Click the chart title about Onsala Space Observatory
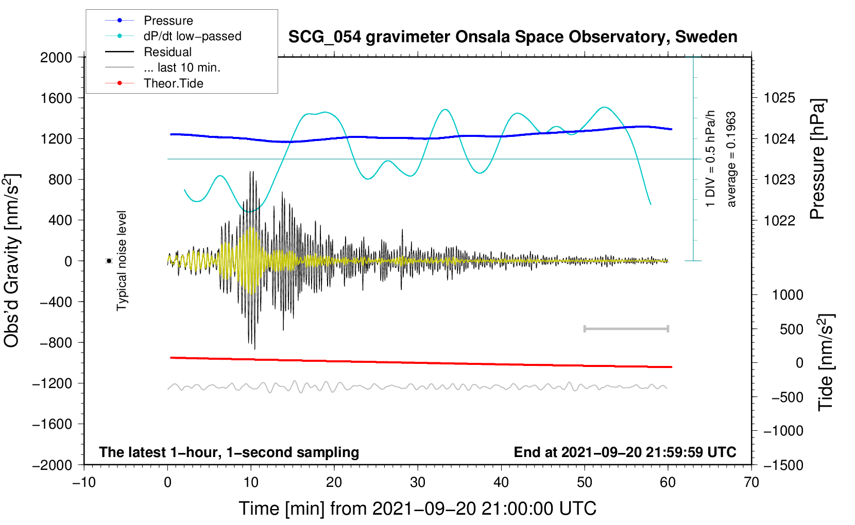(x=512, y=37)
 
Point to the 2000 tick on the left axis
(x=56, y=58)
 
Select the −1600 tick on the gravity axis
(x=53, y=424)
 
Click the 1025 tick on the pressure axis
(x=779, y=98)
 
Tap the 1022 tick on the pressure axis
(x=779, y=220)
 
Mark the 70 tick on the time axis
(x=751, y=482)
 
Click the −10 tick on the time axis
(x=84, y=482)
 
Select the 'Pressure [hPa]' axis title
(x=817, y=159)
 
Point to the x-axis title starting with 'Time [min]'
(x=418, y=509)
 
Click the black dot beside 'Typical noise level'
(x=109, y=261)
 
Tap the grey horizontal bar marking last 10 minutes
(x=626, y=328)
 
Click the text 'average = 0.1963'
(x=731, y=160)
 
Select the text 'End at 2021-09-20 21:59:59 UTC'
(x=625, y=452)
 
